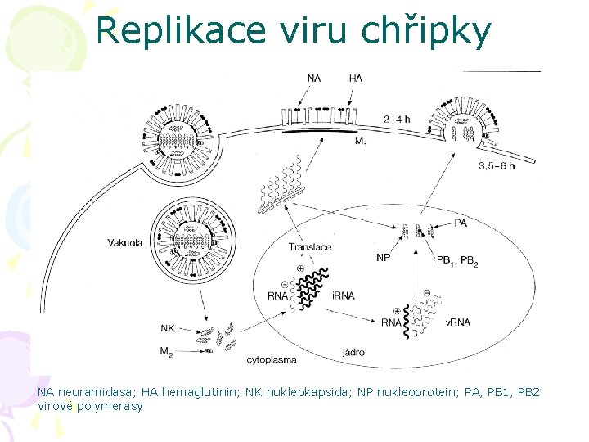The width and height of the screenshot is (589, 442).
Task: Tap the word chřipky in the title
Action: click(434, 31)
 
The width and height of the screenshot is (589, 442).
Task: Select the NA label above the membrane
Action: click(314, 79)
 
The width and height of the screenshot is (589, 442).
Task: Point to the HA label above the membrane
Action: click(355, 79)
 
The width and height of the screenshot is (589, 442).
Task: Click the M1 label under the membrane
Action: click(361, 142)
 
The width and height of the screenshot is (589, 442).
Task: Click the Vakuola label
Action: click(125, 242)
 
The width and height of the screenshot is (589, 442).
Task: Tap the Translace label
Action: click(310, 247)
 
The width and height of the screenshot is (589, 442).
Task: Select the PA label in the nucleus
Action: click(461, 223)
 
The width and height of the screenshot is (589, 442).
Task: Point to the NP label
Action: click(383, 258)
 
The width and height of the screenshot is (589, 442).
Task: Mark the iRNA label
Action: click(344, 295)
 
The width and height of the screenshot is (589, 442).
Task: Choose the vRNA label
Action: click(458, 322)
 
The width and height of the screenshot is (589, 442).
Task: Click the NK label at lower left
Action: click(167, 328)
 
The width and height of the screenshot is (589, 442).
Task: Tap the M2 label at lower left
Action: click(166, 351)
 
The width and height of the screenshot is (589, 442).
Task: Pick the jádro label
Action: click(354, 353)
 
